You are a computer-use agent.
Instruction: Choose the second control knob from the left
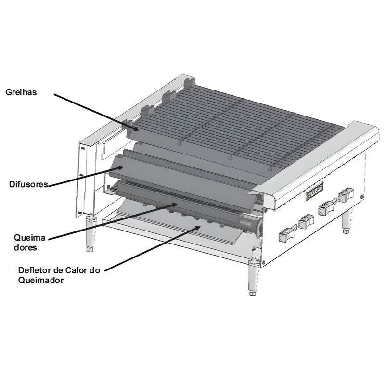305,222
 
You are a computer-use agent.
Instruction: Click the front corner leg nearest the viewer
253,279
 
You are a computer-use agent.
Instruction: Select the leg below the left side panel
89,234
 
